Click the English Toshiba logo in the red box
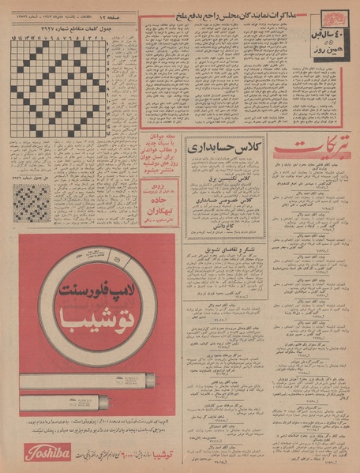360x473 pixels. pyautogui.click(x=47, y=452)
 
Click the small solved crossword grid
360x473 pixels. pyautogui.click(x=31, y=203)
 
